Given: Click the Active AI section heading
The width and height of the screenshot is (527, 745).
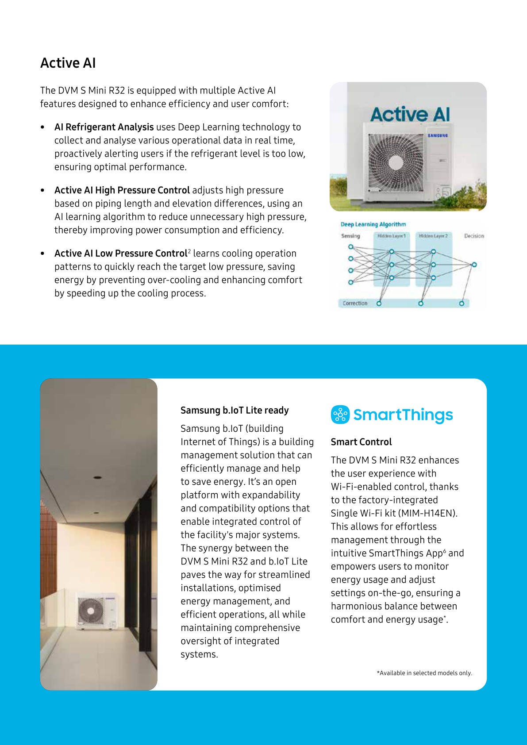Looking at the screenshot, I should pyautogui.click(x=68, y=63).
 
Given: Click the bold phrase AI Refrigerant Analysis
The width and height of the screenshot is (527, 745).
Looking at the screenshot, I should pyautogui.click(x=104, y=127).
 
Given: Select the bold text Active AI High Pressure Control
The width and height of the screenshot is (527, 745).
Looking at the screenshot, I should pyautogui.click(x=122, y=190).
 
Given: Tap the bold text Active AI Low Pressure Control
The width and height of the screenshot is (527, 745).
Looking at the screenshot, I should pyautogui.click(x=121, y=253).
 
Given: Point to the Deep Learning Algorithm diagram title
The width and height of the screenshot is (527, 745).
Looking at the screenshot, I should pyautogui.click(x=373, y=224).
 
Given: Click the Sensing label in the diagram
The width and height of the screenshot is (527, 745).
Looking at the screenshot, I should pyautogui.click(x=350, y=236).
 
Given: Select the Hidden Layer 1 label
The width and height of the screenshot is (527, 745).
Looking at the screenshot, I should pyautogui.click(x=391, y=236).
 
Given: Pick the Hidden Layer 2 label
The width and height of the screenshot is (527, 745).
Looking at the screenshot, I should pyautogui.click(x=433, y=236).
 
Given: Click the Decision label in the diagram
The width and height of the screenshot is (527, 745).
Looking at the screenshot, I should pyautogui.click(x=474, y=236).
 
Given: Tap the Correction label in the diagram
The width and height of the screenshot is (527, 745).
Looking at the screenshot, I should pyautogui.click(x=355, y=303).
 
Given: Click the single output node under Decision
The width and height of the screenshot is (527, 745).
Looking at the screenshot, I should pyautogui.click(x=474, y=265).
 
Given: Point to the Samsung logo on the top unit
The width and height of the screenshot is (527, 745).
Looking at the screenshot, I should pyautogui.click(x=438, y=135).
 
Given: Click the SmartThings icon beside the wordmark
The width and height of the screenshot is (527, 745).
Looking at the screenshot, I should pyautogui.click(x=340, y=415).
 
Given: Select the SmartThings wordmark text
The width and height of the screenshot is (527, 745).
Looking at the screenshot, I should pyautogui.click(x=403, y=415).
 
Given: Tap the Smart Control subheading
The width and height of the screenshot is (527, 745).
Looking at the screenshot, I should pyautogui.click(x=361, y=442).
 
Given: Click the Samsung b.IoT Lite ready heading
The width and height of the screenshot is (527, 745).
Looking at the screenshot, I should pyautogui.click(x=235, y=410).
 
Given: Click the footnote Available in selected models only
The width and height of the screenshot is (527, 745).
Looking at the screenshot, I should pyautogui.click(x=424, y=673).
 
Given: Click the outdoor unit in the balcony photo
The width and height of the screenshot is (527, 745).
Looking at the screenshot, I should pyautogui.click(x=97, y=611).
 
